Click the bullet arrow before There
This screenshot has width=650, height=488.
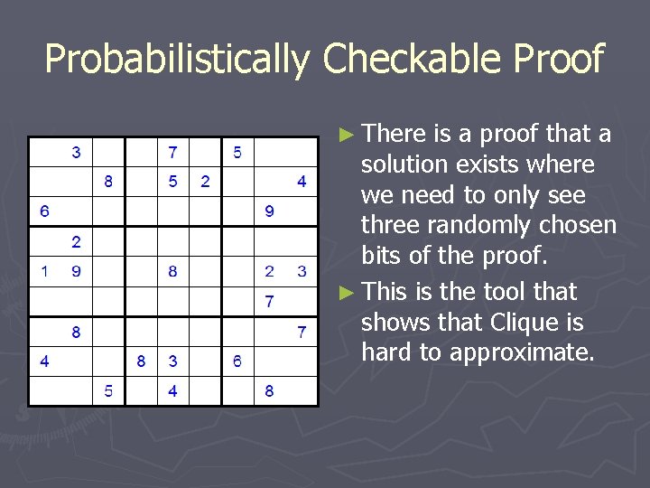[348, 135]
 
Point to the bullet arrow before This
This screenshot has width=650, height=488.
[348, 292]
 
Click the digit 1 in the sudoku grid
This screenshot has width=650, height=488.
[44, 271]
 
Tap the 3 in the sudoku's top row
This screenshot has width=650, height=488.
[76, 152]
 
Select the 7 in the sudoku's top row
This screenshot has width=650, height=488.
[172, 152]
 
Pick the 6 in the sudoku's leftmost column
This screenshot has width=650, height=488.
[44, 211]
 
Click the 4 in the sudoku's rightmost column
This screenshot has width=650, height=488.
[302, 182]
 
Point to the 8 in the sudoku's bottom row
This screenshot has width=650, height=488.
[269, 391]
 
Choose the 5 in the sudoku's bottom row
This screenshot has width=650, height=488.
[108, 391]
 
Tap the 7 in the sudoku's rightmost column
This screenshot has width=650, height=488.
[302, 332]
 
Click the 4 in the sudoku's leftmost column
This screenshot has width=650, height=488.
[44, 361]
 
